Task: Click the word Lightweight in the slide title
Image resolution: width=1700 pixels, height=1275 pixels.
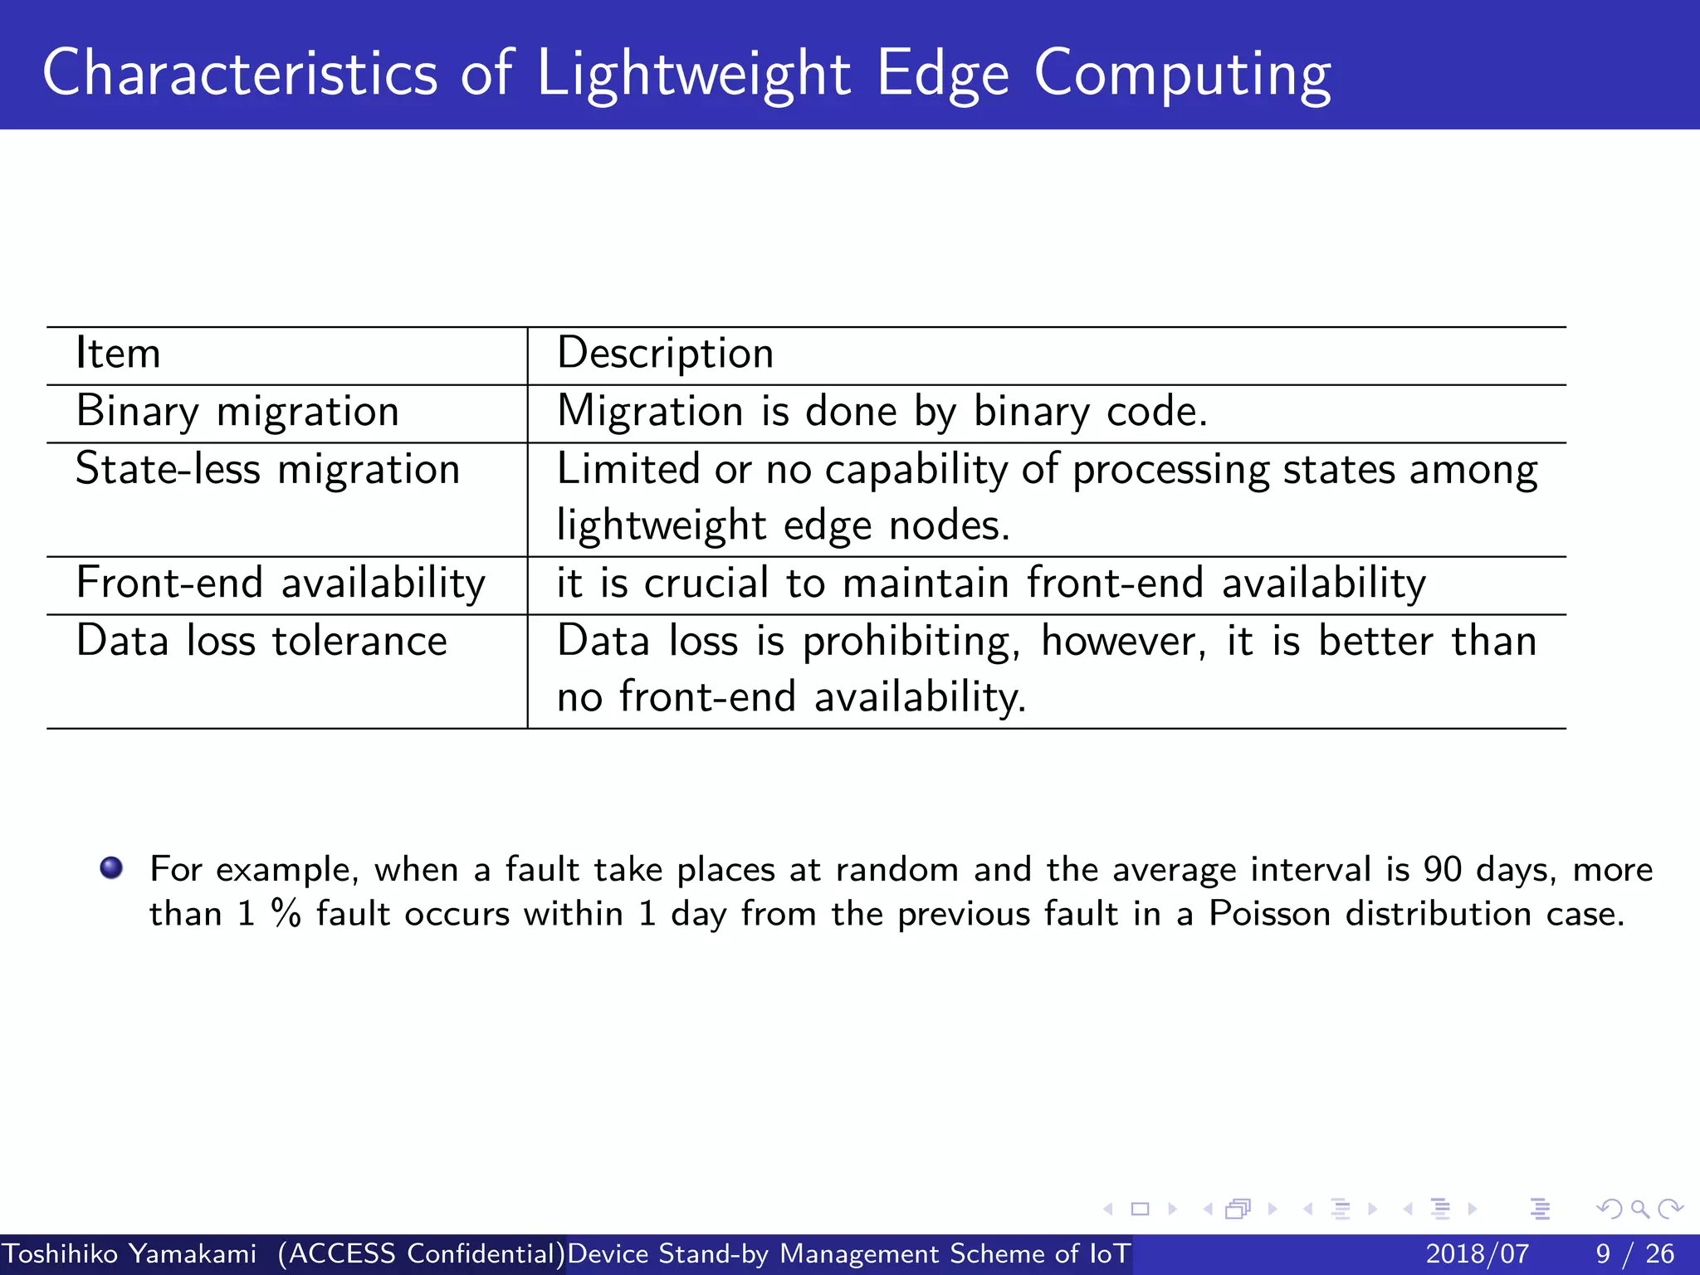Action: click(693, 75)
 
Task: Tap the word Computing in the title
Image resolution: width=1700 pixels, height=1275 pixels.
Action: click(1182, 75)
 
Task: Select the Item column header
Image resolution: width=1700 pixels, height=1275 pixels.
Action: click(118, 354)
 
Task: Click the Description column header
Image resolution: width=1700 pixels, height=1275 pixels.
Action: click(665, 354)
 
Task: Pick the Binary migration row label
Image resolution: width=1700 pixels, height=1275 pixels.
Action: click(237, 412)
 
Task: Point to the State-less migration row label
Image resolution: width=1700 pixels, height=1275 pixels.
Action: click(267, 470)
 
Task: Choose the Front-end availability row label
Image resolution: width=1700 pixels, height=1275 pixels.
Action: click(281, 584)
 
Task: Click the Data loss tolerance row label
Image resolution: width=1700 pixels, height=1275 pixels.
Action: click(261, 642)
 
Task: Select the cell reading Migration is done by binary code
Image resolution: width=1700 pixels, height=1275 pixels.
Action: click(882, 412)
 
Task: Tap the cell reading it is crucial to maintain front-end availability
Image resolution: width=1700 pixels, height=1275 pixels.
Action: click(991, 584)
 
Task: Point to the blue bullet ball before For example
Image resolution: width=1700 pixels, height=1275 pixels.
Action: click(111, 868)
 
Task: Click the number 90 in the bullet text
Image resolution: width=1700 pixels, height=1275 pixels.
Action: click(1443, 870)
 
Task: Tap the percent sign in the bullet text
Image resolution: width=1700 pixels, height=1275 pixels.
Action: click(286, 914)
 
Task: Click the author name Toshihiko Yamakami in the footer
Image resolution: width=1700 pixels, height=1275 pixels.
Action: click(129, 1253)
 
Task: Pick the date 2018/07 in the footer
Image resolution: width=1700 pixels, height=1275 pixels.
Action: click(1477, 1253)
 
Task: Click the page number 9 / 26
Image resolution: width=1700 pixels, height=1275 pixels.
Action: click(1634, 1253)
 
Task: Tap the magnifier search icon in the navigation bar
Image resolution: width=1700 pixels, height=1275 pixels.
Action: click(1639, 1209)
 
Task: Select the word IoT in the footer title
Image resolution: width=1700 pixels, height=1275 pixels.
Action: click(1110, 1253)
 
